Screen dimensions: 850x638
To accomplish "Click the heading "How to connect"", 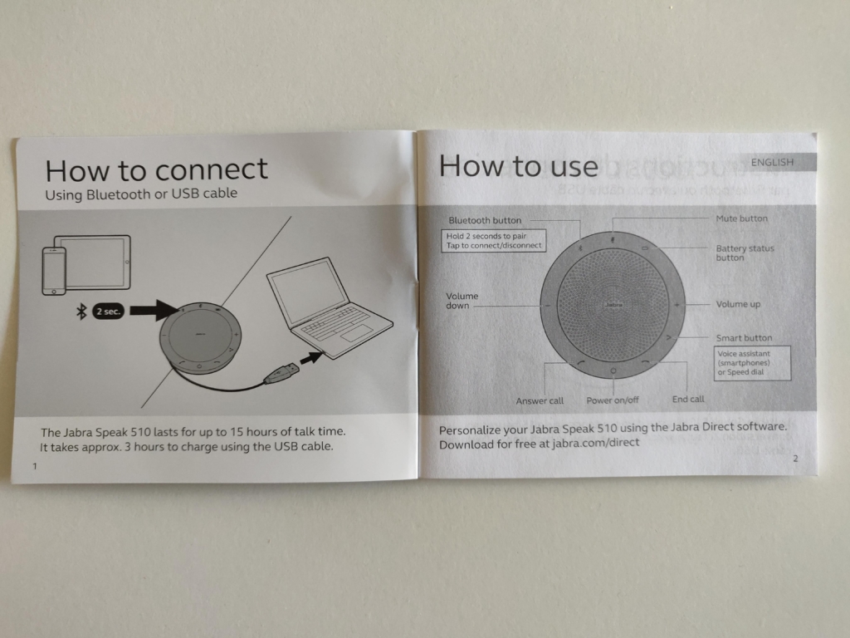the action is tap(157, 170).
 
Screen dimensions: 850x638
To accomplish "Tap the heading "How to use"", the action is tap(518, 166).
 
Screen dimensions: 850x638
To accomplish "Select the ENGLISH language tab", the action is tap(773, 162).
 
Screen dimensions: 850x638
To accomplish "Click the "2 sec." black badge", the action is tap(109, 312).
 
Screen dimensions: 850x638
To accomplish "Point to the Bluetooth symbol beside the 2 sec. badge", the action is tap(81, 312).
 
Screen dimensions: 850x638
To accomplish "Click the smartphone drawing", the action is tap(54, 272).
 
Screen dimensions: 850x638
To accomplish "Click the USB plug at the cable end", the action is tap(282, 374).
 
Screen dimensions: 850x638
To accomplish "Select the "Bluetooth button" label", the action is tap(485, 220).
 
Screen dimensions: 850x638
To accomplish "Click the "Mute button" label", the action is tap(741, 218).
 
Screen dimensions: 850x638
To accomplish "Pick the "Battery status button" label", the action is tap(745, 253).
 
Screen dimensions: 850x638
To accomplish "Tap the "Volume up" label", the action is tap(738, 304).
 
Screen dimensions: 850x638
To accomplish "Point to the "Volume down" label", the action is tap(462, 301).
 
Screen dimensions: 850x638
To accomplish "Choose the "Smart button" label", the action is tap(744, 338).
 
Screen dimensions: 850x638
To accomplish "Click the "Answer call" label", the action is tap(540, 401).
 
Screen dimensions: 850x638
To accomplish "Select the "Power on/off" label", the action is tap(613, 400).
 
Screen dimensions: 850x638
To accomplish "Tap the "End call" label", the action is tap(688, 400).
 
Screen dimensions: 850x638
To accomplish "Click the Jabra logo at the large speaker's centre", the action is tap(613, 305).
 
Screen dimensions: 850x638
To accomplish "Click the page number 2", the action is tap(795, 459).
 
